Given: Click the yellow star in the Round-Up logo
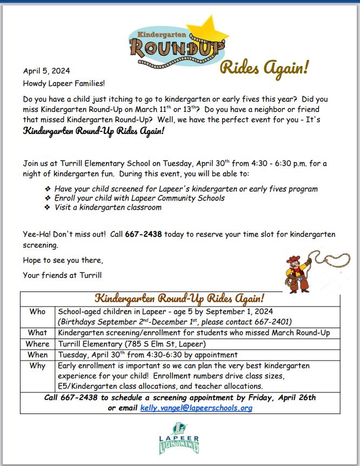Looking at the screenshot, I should point(207,28).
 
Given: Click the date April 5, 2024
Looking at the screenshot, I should point(46,71).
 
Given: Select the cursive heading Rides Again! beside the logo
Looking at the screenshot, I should point(264,68).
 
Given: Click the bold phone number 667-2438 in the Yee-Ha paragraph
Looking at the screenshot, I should point(143,234).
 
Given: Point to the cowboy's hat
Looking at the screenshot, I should point(292,259).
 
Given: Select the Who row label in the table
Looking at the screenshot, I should point(38,312).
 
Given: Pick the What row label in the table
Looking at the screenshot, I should point(38,332).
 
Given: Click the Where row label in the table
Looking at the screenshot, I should point(38,344).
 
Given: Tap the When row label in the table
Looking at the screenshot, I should point(38,355).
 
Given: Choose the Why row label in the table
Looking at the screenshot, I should point(38,366).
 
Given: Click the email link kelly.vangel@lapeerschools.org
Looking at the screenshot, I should point(196,408).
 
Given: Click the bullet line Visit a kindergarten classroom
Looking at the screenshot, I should point(108,208).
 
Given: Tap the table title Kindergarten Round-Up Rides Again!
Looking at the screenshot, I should point(179,298).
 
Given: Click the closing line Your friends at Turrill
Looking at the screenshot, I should point(62,275).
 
